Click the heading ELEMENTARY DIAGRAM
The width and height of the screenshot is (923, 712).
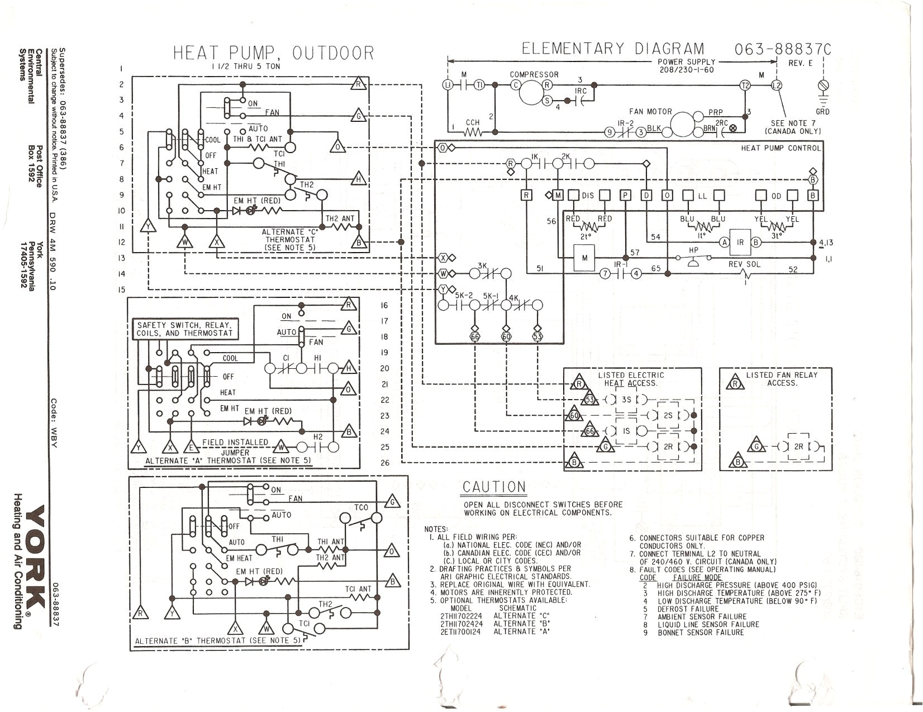click(613, 49)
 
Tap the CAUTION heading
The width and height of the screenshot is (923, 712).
click(494, 487)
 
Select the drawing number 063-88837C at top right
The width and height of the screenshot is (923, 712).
click(782, 50)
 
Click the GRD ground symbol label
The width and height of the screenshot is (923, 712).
click(822, 112)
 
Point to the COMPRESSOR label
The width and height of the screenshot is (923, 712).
click(534, 74)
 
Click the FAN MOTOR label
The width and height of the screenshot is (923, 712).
click(650, 112)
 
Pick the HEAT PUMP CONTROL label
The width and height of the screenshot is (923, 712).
click(781, 148)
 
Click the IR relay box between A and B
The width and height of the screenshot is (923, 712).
click(740, 243)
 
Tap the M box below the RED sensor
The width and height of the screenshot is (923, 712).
click(584, 258)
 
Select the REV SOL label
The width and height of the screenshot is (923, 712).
click(745, 264)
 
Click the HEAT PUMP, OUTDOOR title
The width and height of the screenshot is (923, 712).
click(273, 53)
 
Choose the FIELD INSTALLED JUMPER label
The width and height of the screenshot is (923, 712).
click(235, 447)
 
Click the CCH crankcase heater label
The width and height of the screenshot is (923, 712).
click(473, 122)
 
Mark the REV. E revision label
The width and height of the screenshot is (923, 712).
click(800, 63)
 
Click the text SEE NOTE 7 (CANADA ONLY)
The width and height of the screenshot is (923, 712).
click(793, 127)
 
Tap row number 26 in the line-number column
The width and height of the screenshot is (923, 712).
click(384, 463)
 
